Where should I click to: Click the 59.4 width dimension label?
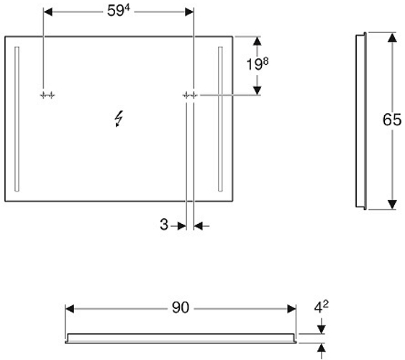(x=119, y=11)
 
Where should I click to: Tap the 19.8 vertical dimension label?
(x=258, y=64)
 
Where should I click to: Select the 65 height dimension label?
(x=392, y=120)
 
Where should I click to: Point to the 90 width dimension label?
(x=181, y=307)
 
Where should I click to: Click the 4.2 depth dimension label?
(x=321, y=307)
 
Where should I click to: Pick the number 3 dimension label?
(x=164, y=225)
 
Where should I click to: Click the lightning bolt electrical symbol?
(x=119, y=119)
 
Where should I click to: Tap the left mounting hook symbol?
(x=47, y=96)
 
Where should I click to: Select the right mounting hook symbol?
(x=190, y=96)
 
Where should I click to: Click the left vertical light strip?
(x=17, y=119)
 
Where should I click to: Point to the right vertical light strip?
(x=220, y=119)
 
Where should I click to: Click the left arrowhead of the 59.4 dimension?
(x=48, y=12)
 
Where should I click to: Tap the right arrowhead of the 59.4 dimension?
(x=189, y=12)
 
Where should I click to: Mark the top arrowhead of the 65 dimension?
(x=392, y=37)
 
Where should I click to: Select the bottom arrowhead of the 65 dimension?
(x=392, y=204)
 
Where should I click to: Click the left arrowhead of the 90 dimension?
(x=70, y=309)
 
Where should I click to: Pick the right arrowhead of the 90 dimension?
(x=291, y=309)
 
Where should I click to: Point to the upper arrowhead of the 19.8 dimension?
(x=257, y=41)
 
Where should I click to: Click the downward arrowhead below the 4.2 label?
(x=322, y=329)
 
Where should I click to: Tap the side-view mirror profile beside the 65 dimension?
(x=361, y=121)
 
